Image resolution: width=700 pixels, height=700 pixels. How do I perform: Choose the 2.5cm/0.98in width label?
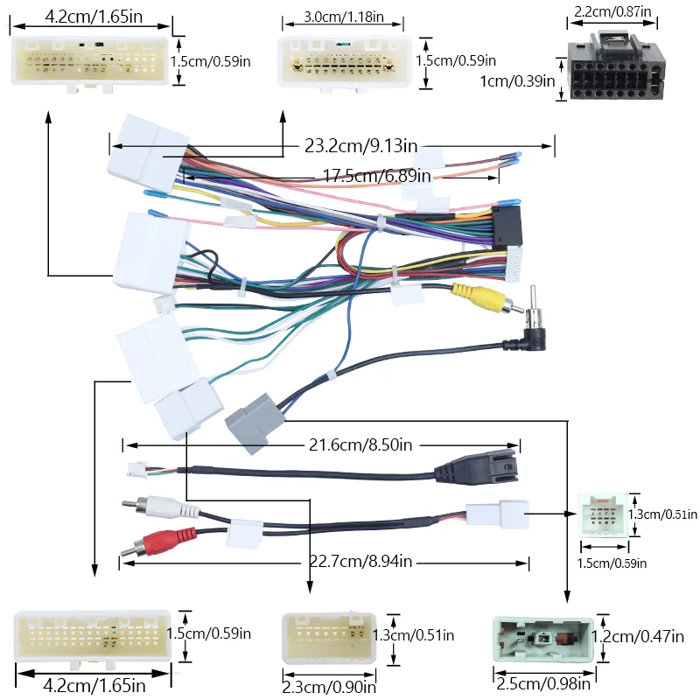(x=535, y=682)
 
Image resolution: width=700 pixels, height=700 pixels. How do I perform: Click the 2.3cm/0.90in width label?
(x=329, y=688)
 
